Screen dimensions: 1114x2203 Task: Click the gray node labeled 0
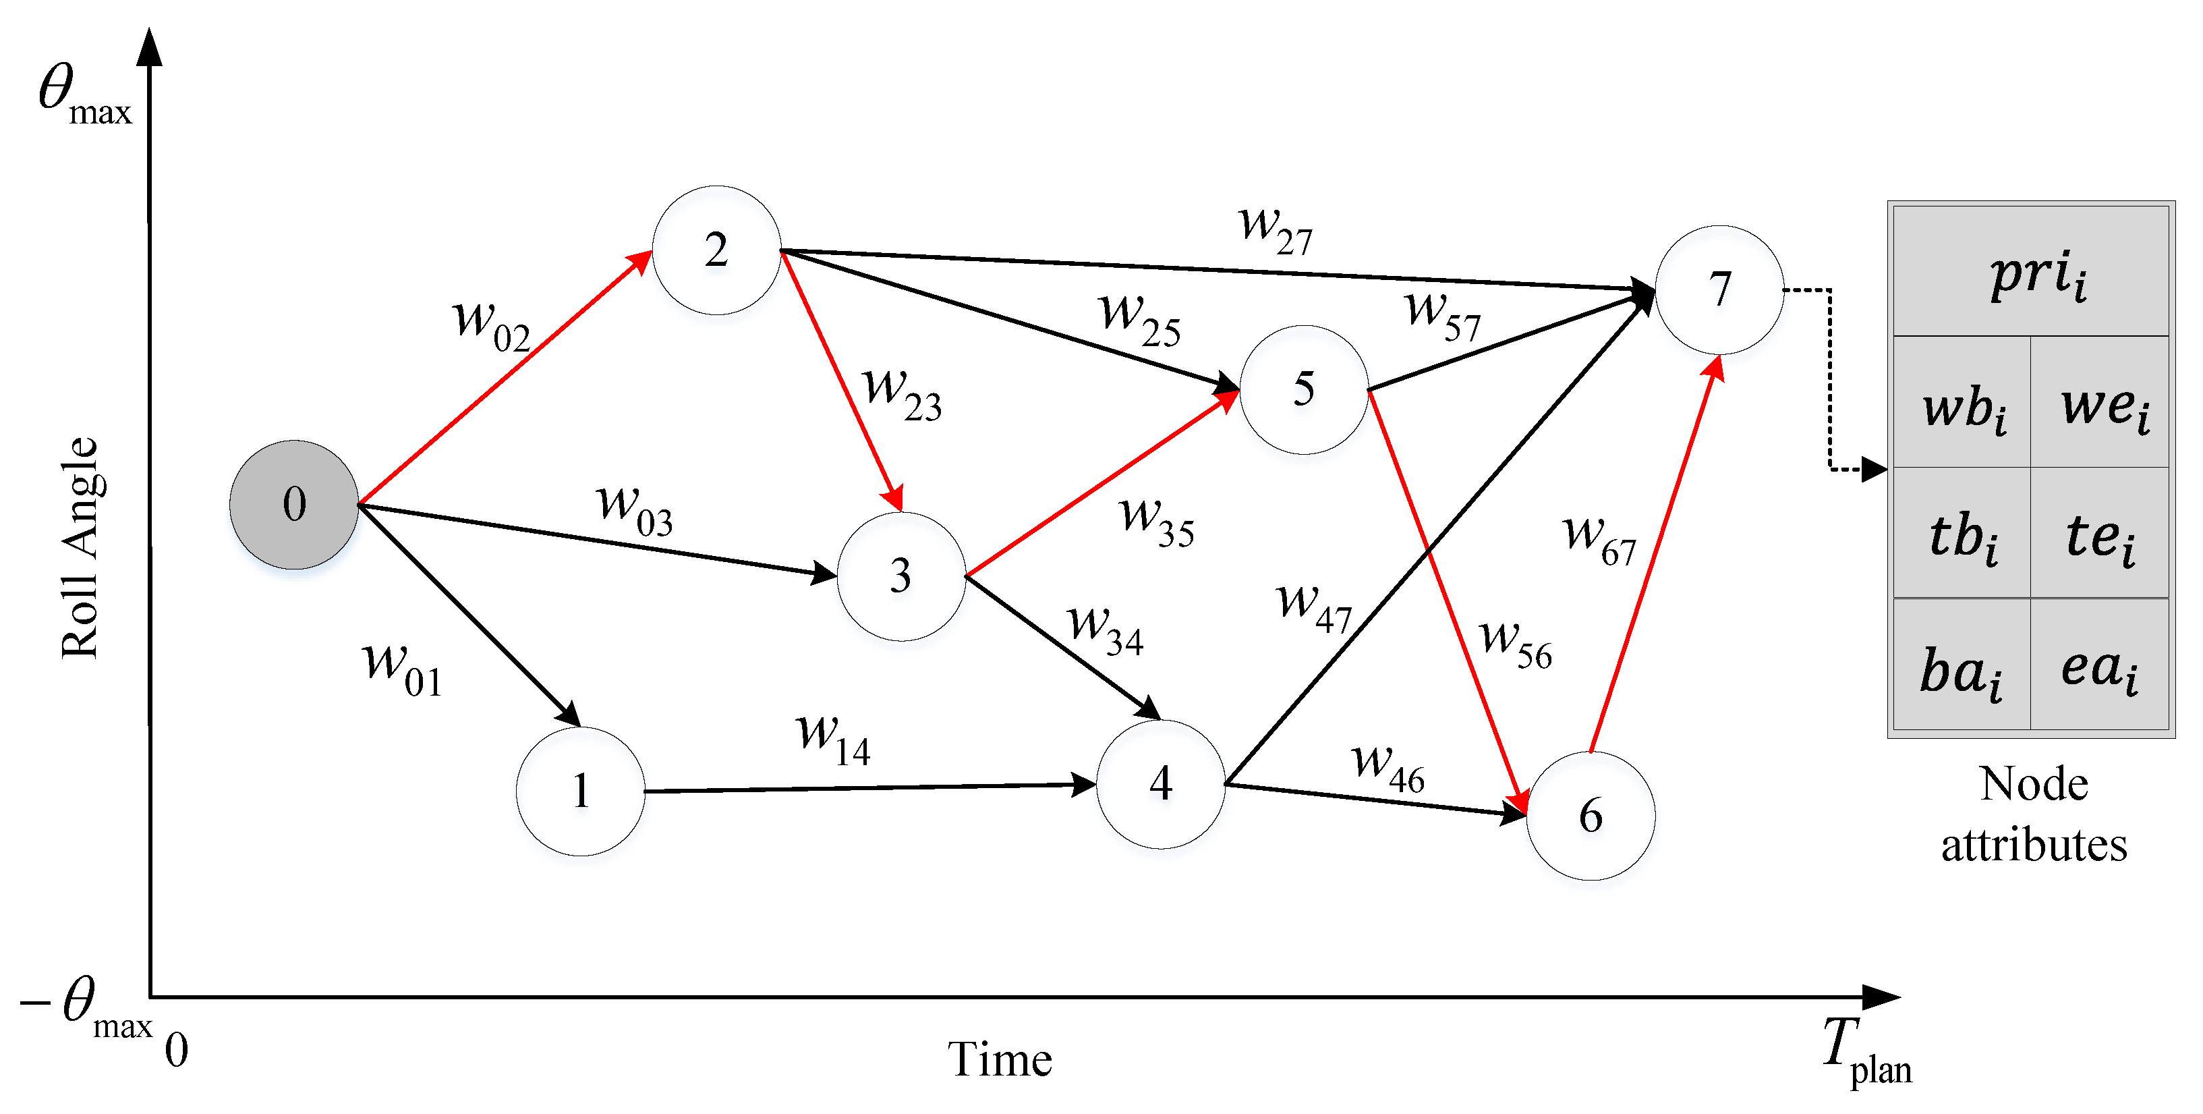pos(293,505)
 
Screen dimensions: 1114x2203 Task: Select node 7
pos(1719,289)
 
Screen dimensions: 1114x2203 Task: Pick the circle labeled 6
pos(1590,815)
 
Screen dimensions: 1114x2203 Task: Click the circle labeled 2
pos(716,250)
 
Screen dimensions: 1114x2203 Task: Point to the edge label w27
pos(1274,229)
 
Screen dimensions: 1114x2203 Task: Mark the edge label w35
pos(1157,522)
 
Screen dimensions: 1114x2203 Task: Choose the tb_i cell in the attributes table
pos(1963,536)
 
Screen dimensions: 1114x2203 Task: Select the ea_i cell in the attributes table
pos(2100,667)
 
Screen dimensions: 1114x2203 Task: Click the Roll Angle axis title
pos(80,548)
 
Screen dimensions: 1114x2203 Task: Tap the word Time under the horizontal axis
pos(999,1059)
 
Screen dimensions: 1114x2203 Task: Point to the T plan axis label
pos(1864,1051)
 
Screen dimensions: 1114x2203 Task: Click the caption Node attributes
pos(2034,814)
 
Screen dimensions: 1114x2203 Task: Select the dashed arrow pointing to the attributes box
pos(1830,385)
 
